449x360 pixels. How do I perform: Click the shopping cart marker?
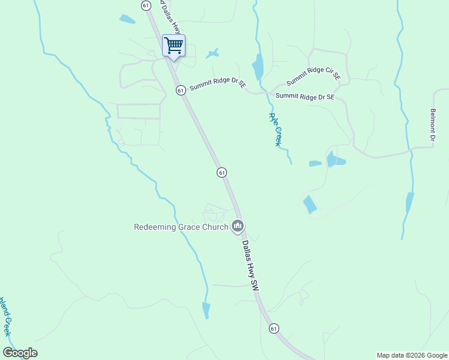pyautogui.click(x=173, y=45)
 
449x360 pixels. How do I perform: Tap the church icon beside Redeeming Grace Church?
pyautogui.click(x=238, y=226)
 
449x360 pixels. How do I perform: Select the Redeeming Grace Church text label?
pyautogui.click(x=181, y=227)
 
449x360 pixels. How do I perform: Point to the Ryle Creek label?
pyautogui.click(x=275, y=130)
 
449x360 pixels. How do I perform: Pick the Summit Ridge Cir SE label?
pyautogui.click(x=313, y=76)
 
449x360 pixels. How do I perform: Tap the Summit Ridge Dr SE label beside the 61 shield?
pyautogui.click(x=218, y=86)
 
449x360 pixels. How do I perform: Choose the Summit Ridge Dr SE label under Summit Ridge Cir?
pyautogui.click(x=304, y=96)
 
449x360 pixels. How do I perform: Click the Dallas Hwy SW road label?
pyautogui.click(x=250, y=266)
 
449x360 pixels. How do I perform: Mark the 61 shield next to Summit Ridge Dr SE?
pyautogui.click(x=180, y=90)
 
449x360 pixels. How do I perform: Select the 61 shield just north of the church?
pyautogui.click(x=221, y=172)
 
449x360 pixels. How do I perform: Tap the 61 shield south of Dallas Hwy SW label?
pyautogui.click(x=274, y=328)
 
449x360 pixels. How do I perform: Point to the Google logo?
pyautogui.click(x=20, y=353)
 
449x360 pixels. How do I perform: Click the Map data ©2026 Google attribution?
pyautogui.click(x=412, y=355)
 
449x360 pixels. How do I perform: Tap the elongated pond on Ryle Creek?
pyautogui.click(x=258, y=67)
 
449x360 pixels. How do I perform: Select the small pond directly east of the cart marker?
pyautogui.click(x=212, y=54)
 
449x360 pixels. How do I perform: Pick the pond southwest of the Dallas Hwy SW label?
pyautogui.click(x=206, y=310)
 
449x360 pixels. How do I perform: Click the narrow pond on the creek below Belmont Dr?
pyautogui.click(x=410, y=203)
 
